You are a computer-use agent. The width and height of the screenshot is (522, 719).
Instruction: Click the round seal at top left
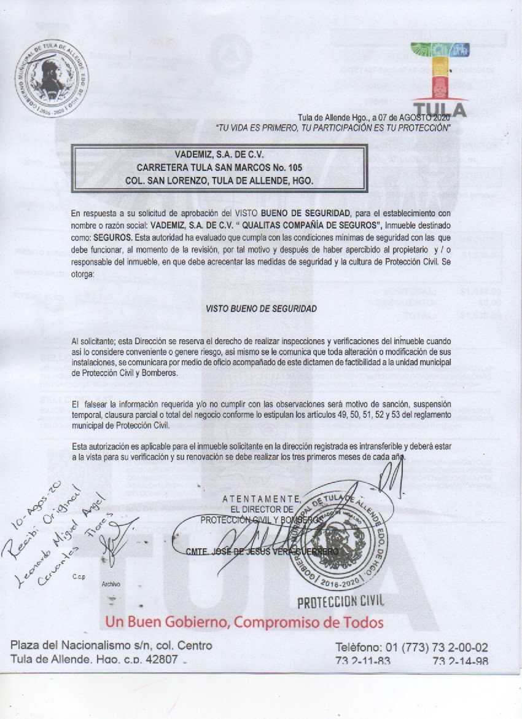pos(52,80)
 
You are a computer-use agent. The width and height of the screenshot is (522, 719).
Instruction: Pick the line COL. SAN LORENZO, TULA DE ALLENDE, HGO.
pos(219,181)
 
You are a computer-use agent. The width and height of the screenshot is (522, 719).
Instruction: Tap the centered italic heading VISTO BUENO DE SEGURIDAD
pos(262,309)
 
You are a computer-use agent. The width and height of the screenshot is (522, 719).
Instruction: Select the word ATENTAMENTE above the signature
pos(260,498)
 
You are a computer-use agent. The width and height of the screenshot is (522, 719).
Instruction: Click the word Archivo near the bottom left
pos(111,584)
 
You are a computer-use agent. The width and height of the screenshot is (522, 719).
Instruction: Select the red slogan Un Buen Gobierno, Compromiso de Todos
pos(244,622)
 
